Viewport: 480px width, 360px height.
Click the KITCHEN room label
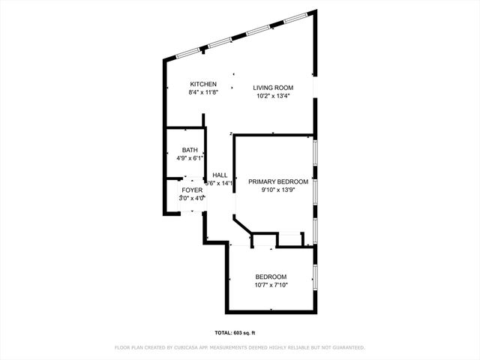click(x=203, y=84)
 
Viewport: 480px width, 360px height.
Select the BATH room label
click(x=190, y=150)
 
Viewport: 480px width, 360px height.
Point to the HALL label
click(x=220, y=175)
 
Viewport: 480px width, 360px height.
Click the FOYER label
click(x=192, y=190)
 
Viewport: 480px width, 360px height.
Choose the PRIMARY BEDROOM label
click(x=278, y=181)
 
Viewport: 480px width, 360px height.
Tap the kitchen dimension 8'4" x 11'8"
click(x=203, y=92)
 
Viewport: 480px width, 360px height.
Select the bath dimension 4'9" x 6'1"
click(x=190, y=158)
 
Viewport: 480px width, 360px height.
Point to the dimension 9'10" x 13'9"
click(x=278, y=190)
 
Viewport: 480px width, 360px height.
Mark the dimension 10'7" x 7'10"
click(x=271, y=285)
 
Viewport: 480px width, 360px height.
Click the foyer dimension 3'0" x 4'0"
click(x=192, y=198)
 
